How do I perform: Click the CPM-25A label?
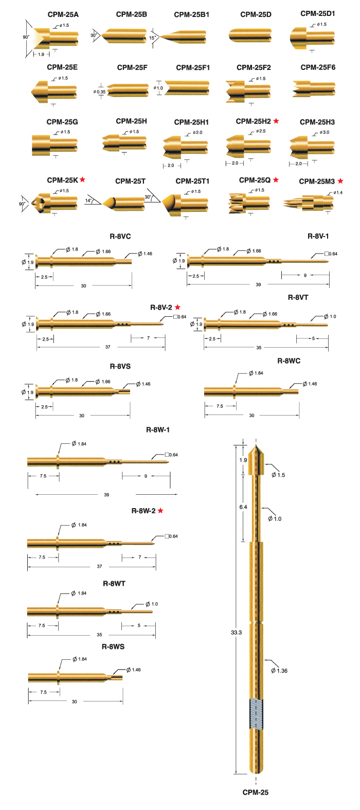[63, 14]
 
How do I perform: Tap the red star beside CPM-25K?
[82, 179]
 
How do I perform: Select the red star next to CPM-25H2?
[276, 121]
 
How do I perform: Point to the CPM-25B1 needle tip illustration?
[183, 37]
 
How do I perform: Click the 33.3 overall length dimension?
[237, 632]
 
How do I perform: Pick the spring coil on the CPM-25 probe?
[256, 714]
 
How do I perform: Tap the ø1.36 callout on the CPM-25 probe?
[279, 671]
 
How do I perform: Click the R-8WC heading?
[289, 361]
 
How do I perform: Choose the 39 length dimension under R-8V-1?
[259, 284]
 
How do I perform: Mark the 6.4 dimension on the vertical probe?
[243, 507]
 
